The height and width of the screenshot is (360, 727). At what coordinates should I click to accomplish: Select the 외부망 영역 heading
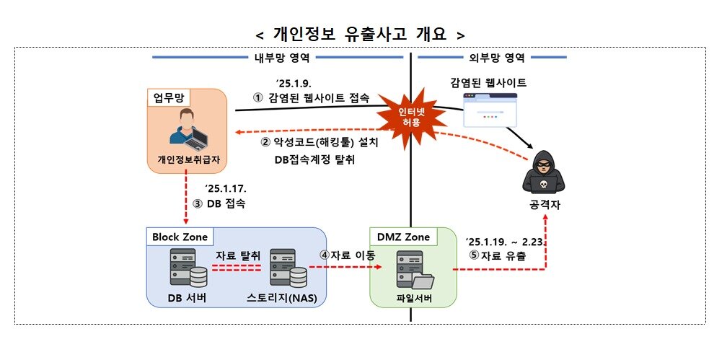pyautogui.click(x=491, y=57)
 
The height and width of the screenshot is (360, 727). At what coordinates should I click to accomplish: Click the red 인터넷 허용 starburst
pyautogui.click(x=408, y=117)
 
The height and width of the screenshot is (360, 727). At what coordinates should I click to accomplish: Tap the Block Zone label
pyautogui.click(x=179, y=237)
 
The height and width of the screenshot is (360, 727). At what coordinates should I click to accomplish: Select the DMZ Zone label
pyautogui.click(x=403, y=237)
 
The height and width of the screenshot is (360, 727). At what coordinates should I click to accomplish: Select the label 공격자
pyautogui.click(x=545, y=206)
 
